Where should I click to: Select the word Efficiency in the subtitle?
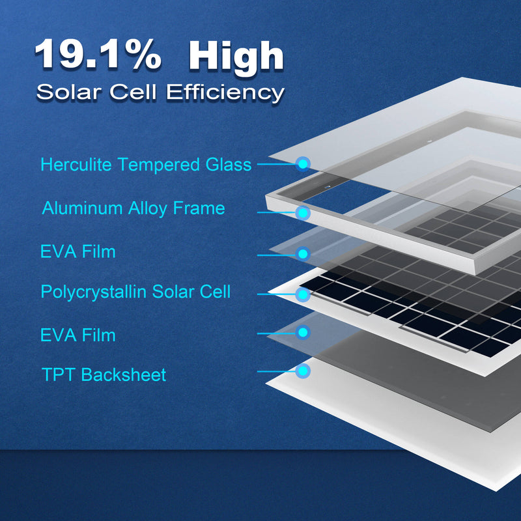click(x=225, y=92)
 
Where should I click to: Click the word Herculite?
click(x=77, y=165)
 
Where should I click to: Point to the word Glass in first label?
click(x=226, y=165)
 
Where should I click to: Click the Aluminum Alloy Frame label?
click(x=134, y=208)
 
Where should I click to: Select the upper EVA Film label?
click(x=77, y=251)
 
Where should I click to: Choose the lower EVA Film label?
click(x=77, y=335)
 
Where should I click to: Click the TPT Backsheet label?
click(x=104, y=375)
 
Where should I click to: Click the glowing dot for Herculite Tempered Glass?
click(x=303, y=164)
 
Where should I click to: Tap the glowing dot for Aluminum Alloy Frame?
click(x=303, y=212)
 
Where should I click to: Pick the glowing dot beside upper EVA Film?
click(x=303, y=254)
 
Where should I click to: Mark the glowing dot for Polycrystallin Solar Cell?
click(x=303, y=295)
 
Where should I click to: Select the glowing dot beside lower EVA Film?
click(x=303, y=333)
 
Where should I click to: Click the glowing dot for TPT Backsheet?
click(x=303, y=372)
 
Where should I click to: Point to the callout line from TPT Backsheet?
click(x=277, y=372)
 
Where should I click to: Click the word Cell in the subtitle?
click(x=138, y=92)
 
